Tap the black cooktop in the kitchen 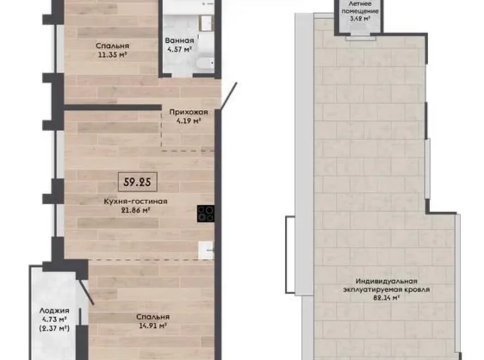[x=206, y=214]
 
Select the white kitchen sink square [x=205, y=250]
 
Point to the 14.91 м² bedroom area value [x=153, y=325]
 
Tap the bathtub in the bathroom [x=202, y=64]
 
